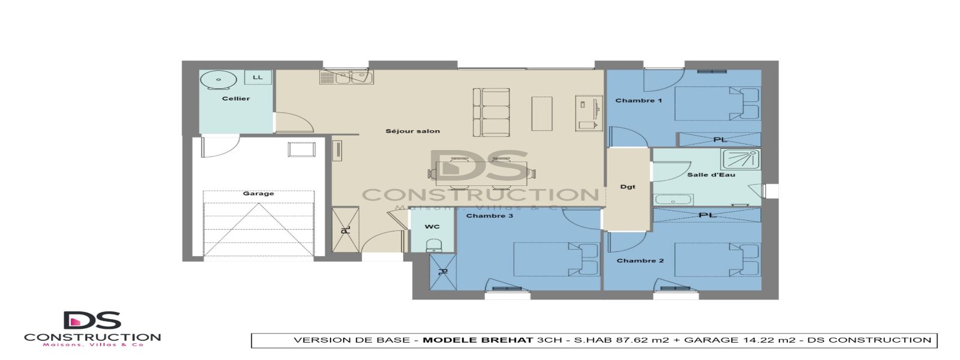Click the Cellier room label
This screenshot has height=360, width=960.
pos(236,98)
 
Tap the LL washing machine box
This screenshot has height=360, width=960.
pos(258,77)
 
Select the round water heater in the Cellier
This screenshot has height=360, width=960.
pos(218,80)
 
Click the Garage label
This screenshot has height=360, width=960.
pos(259,193)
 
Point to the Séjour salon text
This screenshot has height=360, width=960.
pos(413,131)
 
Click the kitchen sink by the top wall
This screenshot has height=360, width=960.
pos(355,77)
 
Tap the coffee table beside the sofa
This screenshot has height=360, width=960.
pos(542,113)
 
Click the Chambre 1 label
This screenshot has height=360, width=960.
pos(638,100)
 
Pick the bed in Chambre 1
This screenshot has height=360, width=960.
pos(717,103)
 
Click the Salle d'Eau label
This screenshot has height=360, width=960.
pos(711,175)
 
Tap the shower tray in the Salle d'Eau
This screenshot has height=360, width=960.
pos(740,159)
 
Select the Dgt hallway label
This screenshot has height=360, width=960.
pos(628,187)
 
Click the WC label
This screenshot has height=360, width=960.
pos(432,226)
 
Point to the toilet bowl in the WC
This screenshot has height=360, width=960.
pos(433,245)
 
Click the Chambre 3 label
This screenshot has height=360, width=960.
pos(490,215)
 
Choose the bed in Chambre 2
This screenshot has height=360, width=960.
pos(717,259)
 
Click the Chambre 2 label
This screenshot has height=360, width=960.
pos(640,260)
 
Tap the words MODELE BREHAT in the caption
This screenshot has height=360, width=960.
pos(478,340)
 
